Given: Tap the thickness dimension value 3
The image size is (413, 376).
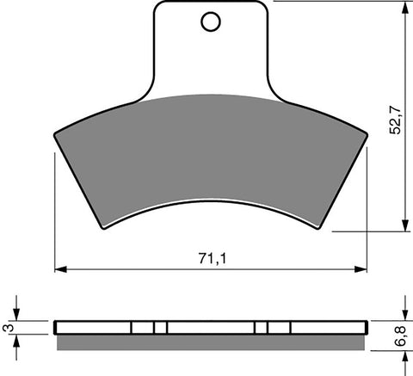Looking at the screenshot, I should pos(9,328).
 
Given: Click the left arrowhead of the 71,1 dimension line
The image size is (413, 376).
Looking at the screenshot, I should pos(59,269).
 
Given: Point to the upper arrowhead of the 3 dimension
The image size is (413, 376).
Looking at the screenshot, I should pos(17,316).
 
